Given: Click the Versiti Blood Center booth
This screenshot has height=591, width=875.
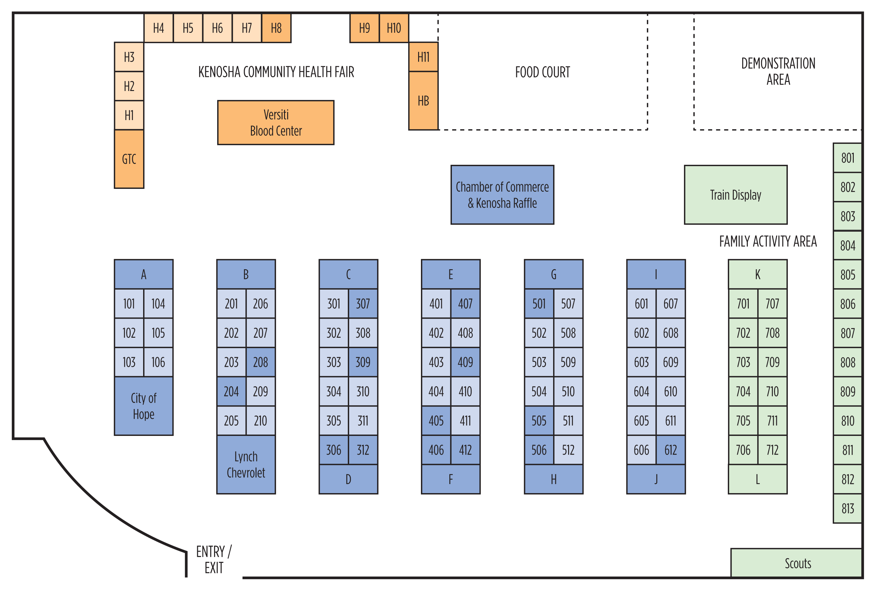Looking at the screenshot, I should click(x=276, y=122).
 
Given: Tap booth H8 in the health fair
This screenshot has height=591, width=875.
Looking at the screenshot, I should click(x=276, y=28).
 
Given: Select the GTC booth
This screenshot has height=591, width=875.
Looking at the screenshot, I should click(x=129, y=159).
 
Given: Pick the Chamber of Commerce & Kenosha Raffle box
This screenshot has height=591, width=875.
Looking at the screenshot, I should click(x=502, y=195).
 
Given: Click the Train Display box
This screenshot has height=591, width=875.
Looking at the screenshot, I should click(x=735, y=195).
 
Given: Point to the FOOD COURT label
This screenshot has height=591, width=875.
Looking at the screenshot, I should click(x=542, y=72).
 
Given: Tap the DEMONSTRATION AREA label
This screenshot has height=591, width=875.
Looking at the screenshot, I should click(x=778, y=72).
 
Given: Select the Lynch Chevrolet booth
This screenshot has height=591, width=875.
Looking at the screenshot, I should click(x=246, y=464).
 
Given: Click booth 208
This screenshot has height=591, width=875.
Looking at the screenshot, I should click(x=261, y=362).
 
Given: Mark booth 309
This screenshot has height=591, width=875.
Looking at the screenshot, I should click(x=363, y=362).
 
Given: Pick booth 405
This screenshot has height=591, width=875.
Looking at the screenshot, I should click(x=436, y=420).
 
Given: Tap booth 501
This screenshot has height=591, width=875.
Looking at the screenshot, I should click(x=539, y=304).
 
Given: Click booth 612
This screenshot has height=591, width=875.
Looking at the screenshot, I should click(x=671, y=450).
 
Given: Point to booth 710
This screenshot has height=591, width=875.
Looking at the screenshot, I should click(x=772, y=391).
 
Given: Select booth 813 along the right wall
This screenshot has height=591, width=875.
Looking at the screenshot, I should click(x=847, y=508).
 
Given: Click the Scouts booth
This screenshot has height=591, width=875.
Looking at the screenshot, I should click(x=797, y=563).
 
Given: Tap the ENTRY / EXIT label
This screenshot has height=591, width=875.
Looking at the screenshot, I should click(x=214, y=559).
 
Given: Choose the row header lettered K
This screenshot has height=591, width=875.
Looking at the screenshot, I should click(x=757, y=274).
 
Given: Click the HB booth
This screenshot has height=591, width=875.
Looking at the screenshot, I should click(x=423, y=101).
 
